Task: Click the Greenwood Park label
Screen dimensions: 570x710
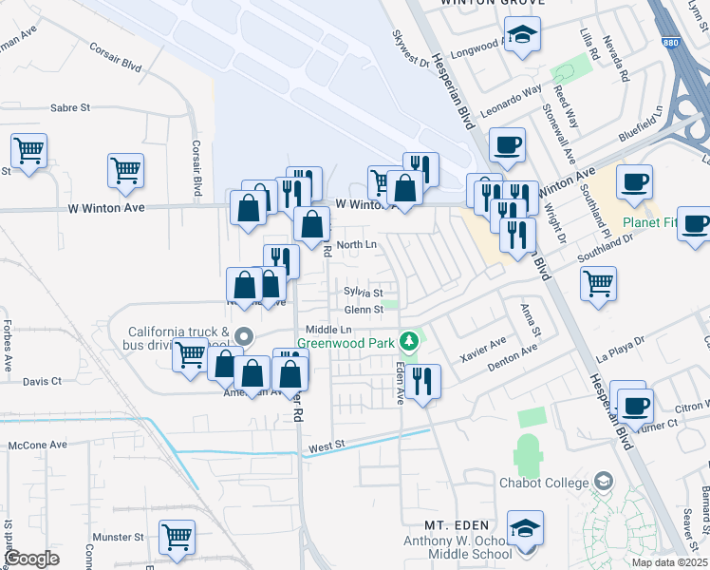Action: (x=345, y=342)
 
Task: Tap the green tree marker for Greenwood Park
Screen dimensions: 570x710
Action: (x=409, y=340)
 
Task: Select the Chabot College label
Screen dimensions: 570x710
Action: (x=545, y=483)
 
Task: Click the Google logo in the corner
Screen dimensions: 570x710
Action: (x=32, y=558)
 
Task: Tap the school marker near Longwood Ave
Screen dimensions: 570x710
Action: (x=522, y=37)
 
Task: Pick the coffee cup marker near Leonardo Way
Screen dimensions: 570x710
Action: (x=507, y=145)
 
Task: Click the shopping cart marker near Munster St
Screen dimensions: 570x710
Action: (x=177, y=538)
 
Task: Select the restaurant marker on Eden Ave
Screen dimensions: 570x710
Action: (x=423, y=382)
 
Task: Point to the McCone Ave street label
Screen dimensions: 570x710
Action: (x=38, y=445)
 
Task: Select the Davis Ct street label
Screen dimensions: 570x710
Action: (x=42, y=381)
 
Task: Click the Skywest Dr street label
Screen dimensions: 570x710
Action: (x=411, y=47)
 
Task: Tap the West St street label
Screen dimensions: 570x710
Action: (x=326, y=445)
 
